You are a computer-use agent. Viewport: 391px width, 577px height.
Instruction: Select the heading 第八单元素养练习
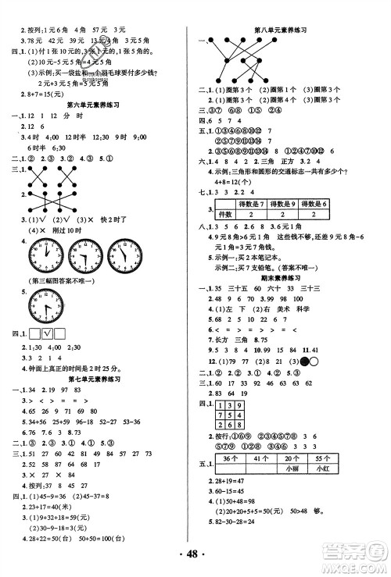click(x=282, y=30)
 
